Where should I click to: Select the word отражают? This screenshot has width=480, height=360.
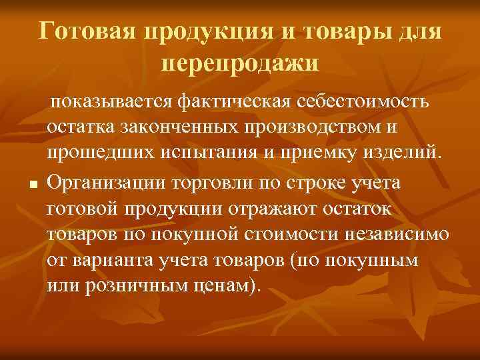click(x=261, y=209)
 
